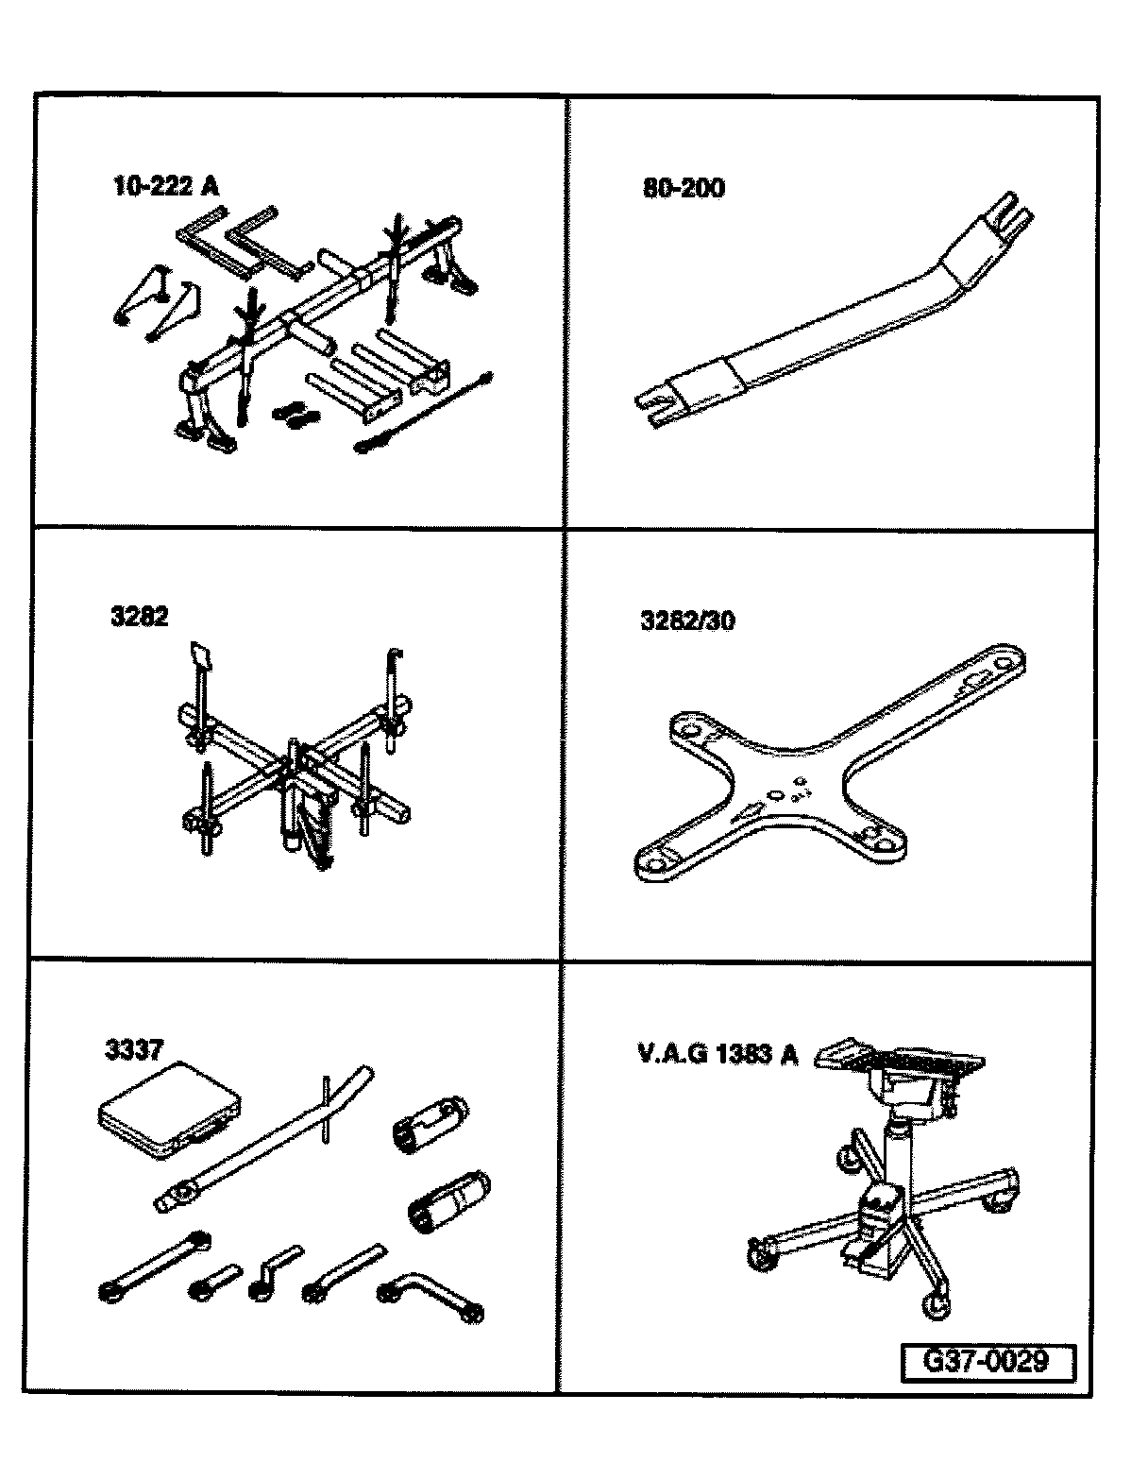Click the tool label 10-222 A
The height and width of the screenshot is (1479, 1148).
pyautogui.click(x=165, y=186)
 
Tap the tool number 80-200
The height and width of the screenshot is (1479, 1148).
pyautogui.click(x=683, y=188)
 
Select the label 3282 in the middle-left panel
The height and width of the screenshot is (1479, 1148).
pyautogui.click(x=138, y=617)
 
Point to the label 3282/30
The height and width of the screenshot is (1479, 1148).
pyautogui.click(x=687, y=620)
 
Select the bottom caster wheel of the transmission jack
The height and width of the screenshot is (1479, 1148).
pyautogui.click(x=937, y=1306)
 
